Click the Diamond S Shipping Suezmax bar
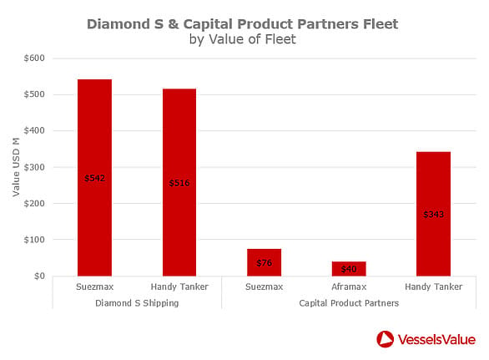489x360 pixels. [94, 178]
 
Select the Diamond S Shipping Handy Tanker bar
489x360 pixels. [179, 182]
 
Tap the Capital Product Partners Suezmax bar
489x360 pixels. [265, 262]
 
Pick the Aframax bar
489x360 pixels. [349, 269]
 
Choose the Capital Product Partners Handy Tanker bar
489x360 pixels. [433, 214]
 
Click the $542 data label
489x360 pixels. [95, 178]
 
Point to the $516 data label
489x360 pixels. [179, 183]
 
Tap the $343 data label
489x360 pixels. [433, 214]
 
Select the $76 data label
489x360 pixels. [265, 263]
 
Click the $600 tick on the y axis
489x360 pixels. [34, 58]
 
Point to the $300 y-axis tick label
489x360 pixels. [34, 167]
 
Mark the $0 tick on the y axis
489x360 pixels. [39, 276]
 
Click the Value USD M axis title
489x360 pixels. [16, 167]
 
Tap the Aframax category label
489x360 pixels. [349, 286]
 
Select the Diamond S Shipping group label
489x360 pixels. [137, 303]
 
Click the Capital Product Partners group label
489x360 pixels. [349, 303]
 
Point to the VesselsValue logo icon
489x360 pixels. [386, 339]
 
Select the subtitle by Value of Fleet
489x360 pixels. [243, 39]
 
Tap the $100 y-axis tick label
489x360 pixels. [34, 240]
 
